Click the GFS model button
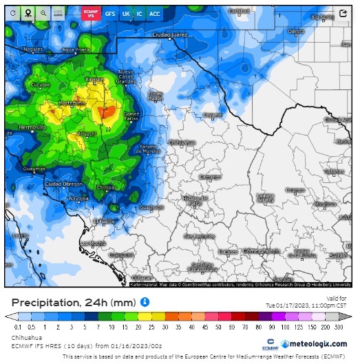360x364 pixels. click(x=110, y=13)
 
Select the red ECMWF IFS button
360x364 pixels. click(x=89, y=13)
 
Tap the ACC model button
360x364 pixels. click(x=155, y=13)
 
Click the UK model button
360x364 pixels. click(x=126, y=13)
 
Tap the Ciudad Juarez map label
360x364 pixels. click(x=170, y=34)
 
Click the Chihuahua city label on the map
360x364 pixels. click(x=182, y=142)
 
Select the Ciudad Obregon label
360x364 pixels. click(x=64, y=184)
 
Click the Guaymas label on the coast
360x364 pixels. click(x=34, y=169)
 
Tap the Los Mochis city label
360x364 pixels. click(x=93, y=243)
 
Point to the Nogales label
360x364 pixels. click(x=32, y=50)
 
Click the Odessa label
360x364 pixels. click(x=296, y=31)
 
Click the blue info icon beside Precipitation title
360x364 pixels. click(x=145, y=301)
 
